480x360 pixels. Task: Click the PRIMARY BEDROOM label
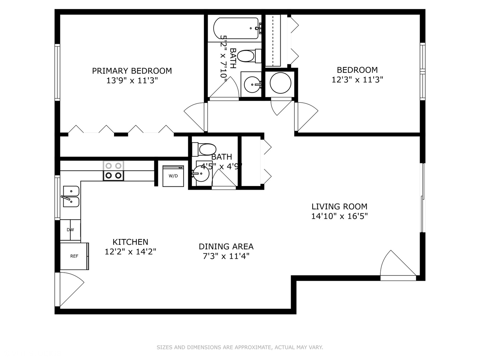point(132,71)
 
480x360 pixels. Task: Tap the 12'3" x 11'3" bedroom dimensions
point(357,80)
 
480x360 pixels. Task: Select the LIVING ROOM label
point(339,206)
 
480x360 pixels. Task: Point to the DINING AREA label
point(226,246)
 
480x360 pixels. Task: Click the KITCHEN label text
point(130,242)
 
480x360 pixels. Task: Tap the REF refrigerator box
point(74,256)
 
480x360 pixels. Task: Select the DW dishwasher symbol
point(70,230)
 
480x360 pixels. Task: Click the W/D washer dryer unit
point(173,176)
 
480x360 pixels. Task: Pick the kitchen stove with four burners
point(113,171)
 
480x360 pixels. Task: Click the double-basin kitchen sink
point(71,197)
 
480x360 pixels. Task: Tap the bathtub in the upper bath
point(236,28)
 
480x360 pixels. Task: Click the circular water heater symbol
point(280,83)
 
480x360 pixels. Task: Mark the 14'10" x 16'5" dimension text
point(339,216)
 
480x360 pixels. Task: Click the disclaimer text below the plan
point(240,347)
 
